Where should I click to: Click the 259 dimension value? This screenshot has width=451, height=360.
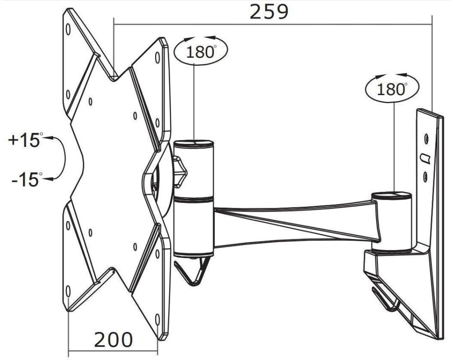(x=269, y=12)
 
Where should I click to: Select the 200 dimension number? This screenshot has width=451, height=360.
(x=113, y=339)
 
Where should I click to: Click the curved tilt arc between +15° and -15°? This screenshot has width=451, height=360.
(x=63, y=159)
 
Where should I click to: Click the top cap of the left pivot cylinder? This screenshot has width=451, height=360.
(x=194, y=144)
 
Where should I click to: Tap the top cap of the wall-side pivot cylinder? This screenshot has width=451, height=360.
(x=391, y=196)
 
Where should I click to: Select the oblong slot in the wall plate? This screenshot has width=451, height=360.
(x=425, y=158)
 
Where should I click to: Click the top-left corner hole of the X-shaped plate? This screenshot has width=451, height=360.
(x=68, y=30)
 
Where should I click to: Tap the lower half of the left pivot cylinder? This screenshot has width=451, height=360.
(x=194, y=225)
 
